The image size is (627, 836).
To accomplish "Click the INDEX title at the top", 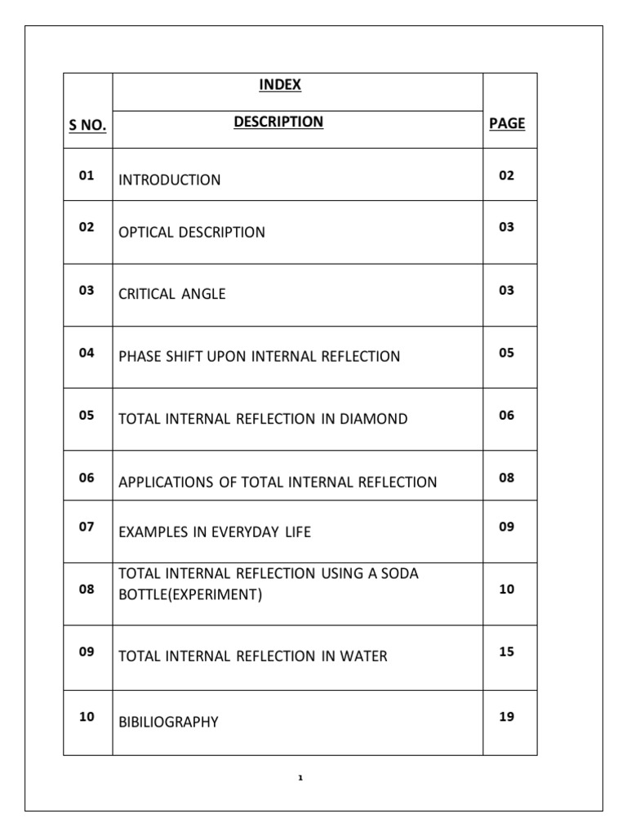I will (x=280, y=84).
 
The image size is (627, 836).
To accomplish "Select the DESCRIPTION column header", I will (x=278, y=122).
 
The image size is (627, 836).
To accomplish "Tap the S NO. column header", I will (x=87, y=124).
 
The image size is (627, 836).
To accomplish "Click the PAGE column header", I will (x=507, y=123).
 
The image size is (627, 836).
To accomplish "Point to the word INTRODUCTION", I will (x=170, y=180).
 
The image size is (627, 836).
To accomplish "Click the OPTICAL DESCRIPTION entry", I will (x=192, y=232).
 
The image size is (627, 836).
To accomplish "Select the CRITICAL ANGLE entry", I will (x=172, y=294).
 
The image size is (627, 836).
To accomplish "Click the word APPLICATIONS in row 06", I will (x=166, y=482).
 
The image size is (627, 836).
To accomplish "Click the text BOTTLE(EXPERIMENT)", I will (x=191, y=594).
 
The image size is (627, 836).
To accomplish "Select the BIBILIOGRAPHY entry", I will (x=169, y=722).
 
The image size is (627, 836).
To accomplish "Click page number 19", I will (x=507, y=717).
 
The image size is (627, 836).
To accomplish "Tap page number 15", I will (x=507, y=651).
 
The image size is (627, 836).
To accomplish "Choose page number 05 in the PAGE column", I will (x=507, y=353).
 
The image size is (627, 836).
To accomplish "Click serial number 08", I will (x=87, y=589).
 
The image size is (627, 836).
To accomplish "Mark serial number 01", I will (x=87, y=175).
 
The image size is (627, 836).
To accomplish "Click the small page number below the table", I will (x=300, y=778).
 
